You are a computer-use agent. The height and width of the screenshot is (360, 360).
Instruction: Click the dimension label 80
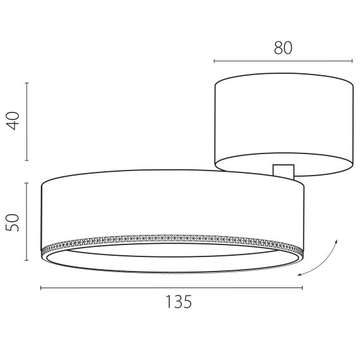tap(284, 48)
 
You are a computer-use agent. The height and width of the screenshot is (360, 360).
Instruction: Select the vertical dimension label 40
tap(14, 120)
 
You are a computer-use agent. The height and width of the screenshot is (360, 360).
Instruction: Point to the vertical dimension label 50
tap(14, 222)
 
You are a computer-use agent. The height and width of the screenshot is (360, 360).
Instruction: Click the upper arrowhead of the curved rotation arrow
tap(337, 242)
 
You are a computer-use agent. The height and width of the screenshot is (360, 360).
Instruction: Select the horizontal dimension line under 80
tap(284, 61)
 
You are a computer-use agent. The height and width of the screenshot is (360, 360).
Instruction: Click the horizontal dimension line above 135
tap(172, 287)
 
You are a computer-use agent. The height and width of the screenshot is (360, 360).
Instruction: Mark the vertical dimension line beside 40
tap(27, 121)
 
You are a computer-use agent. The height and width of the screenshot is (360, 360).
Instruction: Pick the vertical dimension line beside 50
tap(27, 221)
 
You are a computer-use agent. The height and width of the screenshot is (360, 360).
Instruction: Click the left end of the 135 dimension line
tap(41, 287)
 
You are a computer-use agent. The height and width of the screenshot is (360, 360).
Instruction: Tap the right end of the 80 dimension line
tap(352, 61)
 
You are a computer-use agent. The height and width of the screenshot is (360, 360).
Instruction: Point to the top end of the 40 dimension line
tap(27, 82)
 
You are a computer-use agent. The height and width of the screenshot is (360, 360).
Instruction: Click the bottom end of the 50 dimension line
tap(27, 260)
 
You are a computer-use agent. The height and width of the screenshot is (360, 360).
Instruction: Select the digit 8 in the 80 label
tap(279, 48)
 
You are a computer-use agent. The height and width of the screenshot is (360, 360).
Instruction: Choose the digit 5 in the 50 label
tap(14, 227)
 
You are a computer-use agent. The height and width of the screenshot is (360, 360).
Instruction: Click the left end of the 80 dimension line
tap(215, 61)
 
